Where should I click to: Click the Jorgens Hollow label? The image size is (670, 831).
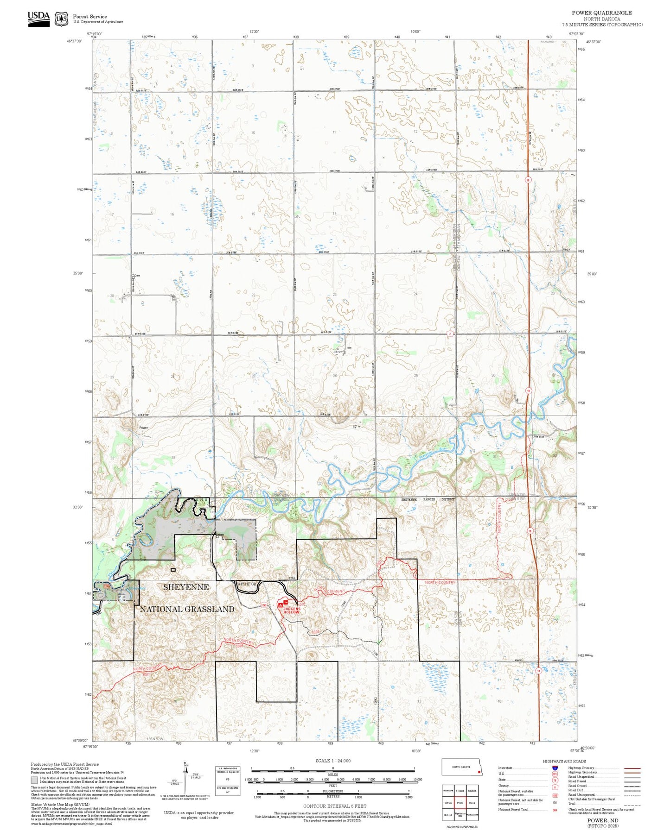pyautogui.click(x=292, y=611)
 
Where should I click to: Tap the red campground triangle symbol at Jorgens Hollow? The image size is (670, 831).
pyautogui.click(x=280, y=604)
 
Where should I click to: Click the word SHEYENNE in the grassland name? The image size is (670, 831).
pyautogui.click(x=185, y=587)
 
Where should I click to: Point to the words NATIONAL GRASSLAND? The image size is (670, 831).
pyautogui.click(x=187, y=609)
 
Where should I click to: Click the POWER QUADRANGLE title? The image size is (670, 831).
pyautogui.click(x=601, y=13)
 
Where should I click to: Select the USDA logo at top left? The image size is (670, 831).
pyautogui.click(x=38, y=19)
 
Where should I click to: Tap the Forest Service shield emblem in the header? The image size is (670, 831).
pyautogui.click(x=61, y=19)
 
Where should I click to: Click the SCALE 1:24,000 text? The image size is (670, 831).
pyautogui.click(x=332, y=760)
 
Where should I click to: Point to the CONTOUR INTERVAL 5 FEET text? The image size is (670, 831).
pyautogui.click(x=335, y=806)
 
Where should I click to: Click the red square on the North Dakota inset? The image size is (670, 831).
pyautogui.click(x=479, y=772)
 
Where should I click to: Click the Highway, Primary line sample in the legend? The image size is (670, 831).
pyautogui.click(x=632, y=768)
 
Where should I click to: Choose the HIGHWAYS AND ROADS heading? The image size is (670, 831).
pyautogui.click(x=564, y=761)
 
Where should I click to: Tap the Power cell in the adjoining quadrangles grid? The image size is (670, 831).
pyautogui.click(x=459, y=803)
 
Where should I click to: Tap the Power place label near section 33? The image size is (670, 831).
pyautogui.click(x=143, y=428)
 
